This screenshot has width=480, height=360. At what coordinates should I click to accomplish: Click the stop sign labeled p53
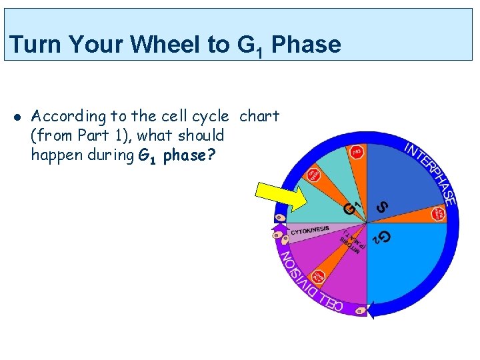point(357,151)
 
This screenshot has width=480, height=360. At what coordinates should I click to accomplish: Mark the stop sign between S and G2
point(438,213)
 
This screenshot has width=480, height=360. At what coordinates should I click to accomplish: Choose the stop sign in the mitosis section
point(320,276)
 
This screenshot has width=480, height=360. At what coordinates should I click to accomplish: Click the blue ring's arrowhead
point(370,309)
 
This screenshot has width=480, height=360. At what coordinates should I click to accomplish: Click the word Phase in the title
point(306,45)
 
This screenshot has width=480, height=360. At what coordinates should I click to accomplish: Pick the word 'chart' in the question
point(259,116)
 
